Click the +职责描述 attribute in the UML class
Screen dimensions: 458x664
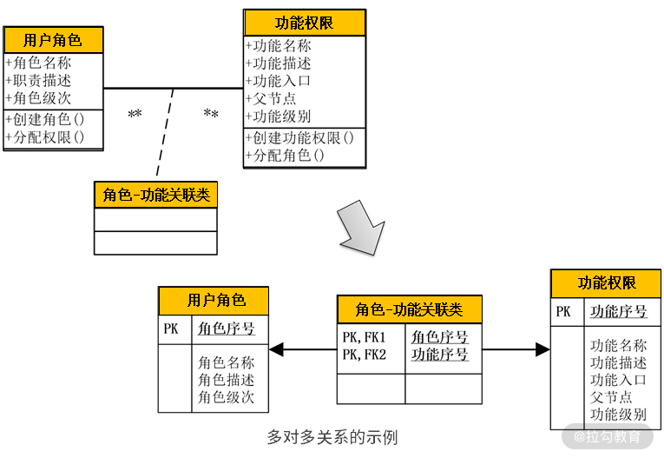39,81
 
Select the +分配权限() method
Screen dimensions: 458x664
45,136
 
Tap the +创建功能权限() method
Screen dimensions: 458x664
300,138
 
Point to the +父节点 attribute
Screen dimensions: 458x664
272,98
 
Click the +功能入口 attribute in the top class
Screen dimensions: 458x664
279,81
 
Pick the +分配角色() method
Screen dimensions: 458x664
286,156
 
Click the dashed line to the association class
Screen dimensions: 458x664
165,135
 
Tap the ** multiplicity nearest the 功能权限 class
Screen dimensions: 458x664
211,115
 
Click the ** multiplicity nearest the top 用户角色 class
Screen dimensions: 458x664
135,115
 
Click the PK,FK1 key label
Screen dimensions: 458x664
364,336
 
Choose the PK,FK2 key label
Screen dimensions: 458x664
364,354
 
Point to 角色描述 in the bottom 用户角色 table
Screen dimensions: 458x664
226,380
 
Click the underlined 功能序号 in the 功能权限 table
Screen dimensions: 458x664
618,311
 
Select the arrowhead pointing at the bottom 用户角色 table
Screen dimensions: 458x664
277,349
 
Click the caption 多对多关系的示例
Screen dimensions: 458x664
332,436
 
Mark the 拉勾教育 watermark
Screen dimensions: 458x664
607,436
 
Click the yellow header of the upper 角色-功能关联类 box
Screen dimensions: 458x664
155,195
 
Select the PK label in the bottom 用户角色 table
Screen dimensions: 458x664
171,329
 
